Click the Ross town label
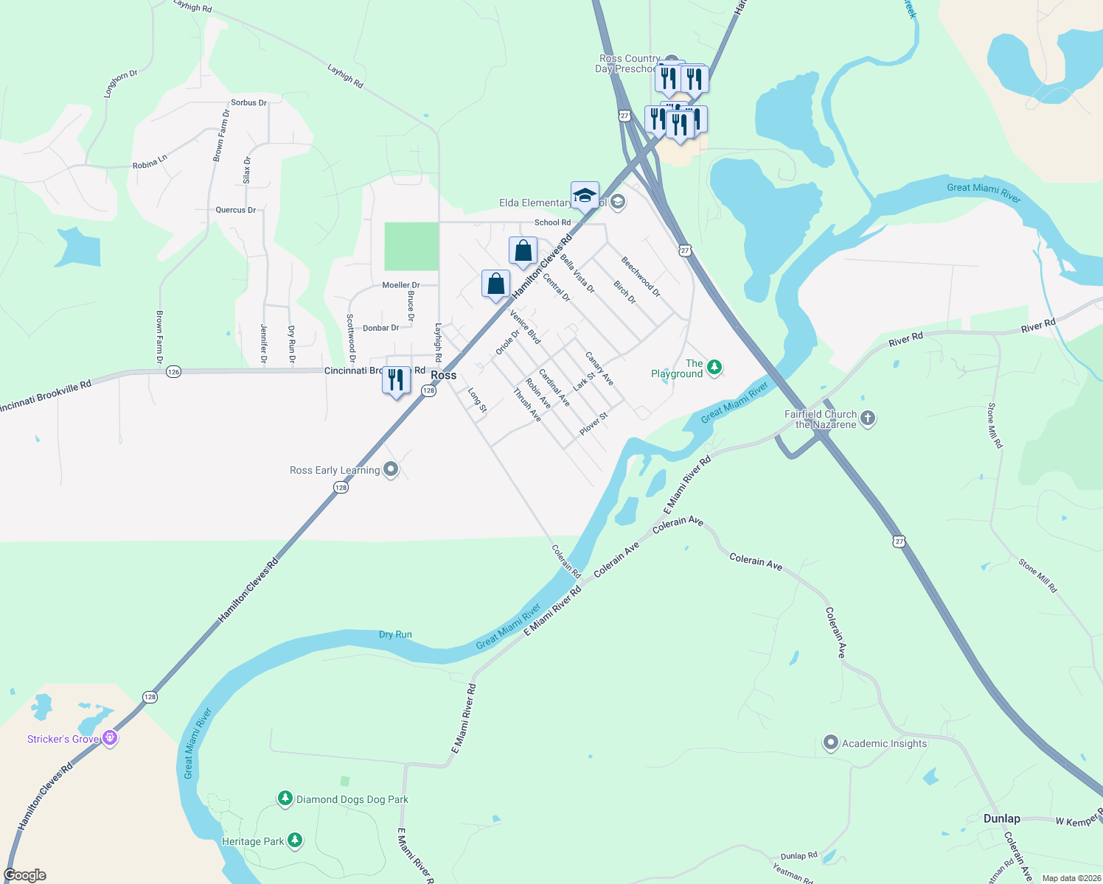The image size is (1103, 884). coord(443,375)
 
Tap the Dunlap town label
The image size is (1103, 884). coord(1001,818)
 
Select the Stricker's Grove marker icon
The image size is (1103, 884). coord(110,737)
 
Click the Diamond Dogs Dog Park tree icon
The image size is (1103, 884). coord(285,798)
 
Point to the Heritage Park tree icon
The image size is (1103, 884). coord(295,840)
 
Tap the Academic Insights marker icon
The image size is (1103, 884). coord(831,743)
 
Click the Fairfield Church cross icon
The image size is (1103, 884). coord(868,418)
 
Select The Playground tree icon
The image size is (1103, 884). coord(714,368)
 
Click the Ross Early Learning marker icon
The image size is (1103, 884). coord(391,469)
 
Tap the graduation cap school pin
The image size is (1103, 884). coord(585,196)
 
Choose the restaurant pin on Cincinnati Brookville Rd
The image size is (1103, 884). coord(396,381)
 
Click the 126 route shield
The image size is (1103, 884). coord(173,371)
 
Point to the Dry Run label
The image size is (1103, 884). coord(395,634)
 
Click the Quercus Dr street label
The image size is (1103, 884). coord(236,210)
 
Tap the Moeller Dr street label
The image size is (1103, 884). coord(401,285)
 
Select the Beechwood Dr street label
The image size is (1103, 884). coord(641,277)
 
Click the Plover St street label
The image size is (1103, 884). coord(594,424)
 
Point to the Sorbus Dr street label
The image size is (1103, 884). coord(248,103)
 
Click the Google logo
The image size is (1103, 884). coord(25,875)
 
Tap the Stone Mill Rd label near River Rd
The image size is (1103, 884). coord(995,425)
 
